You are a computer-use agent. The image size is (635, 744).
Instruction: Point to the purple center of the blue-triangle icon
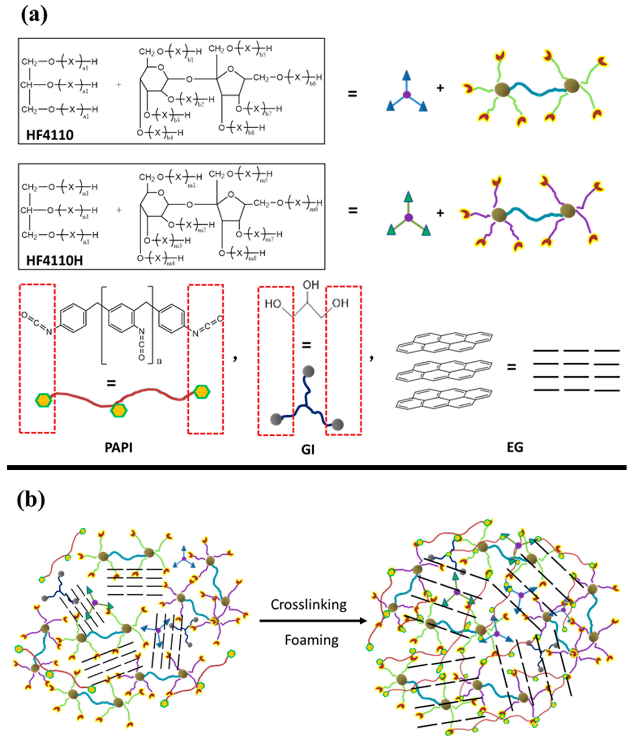coord(406,94)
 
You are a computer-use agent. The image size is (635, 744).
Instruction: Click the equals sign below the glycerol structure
coord(306,346)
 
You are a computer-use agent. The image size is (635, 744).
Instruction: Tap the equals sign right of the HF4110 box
coord(353,94)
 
